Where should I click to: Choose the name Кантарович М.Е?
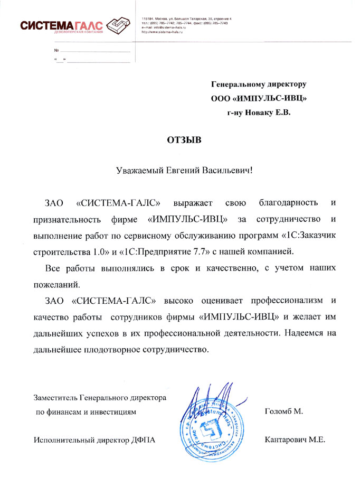pos(295,440)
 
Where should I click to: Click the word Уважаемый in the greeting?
pos(140,171)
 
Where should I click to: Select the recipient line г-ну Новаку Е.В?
pos(259,112)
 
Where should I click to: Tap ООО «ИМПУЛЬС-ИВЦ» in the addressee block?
pos(259,98)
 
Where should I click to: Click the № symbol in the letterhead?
pos(56,50)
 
